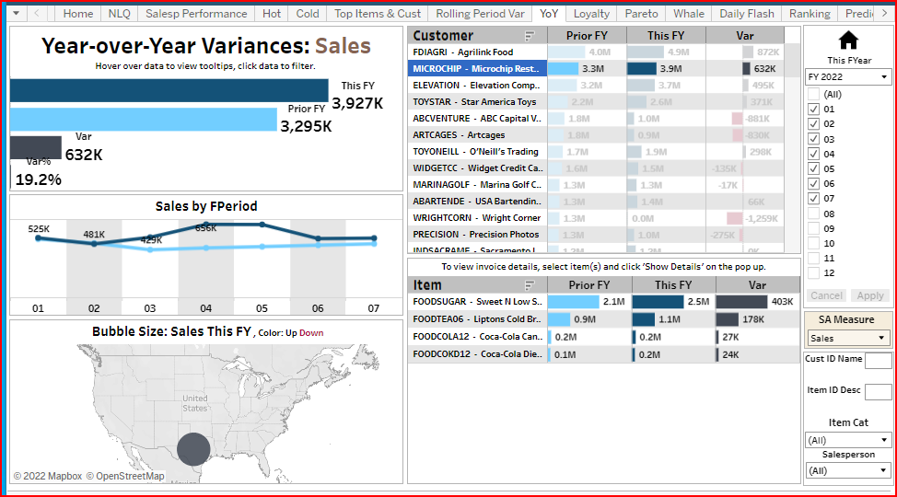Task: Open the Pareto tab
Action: (x=641, y=14)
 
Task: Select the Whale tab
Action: (x=689, y=14)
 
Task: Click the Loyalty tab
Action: (x=591, y=14)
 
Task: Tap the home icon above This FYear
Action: (x=848, y=40)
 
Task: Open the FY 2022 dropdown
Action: (x=848, y=76)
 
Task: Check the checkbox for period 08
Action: (x=813, y=213)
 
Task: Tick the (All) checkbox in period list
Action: (x=813, y=94)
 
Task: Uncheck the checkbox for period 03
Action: (x=813, y=138)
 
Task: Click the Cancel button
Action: (x=826, y=295)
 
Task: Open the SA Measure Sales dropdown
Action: (x=848, y=338)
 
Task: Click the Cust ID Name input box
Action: (x=879, y=360)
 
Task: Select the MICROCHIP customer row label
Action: (x=477, y=68)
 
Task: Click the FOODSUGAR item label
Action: (x=477, y=301)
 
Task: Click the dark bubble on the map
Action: (x=193, y=449)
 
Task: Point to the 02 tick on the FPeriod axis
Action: (x=94, y=308)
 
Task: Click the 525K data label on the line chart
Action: (x=39, y=228)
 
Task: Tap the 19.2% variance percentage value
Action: (x=39, y=179)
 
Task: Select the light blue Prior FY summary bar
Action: (x=143, y=120)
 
